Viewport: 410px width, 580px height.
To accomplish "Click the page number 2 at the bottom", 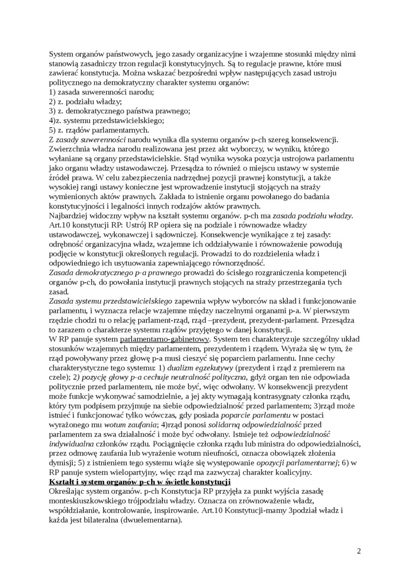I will tap(359, 551).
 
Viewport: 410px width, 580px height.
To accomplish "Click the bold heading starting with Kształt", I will tap(140, 481).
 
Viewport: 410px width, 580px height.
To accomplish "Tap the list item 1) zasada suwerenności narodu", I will tap(94, 92).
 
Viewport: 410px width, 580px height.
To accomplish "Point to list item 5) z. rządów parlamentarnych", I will tap(99, 129).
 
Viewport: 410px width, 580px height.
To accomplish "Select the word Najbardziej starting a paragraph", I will tap(70, 215).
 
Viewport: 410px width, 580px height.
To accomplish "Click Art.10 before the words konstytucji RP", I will tap(60, 224).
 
